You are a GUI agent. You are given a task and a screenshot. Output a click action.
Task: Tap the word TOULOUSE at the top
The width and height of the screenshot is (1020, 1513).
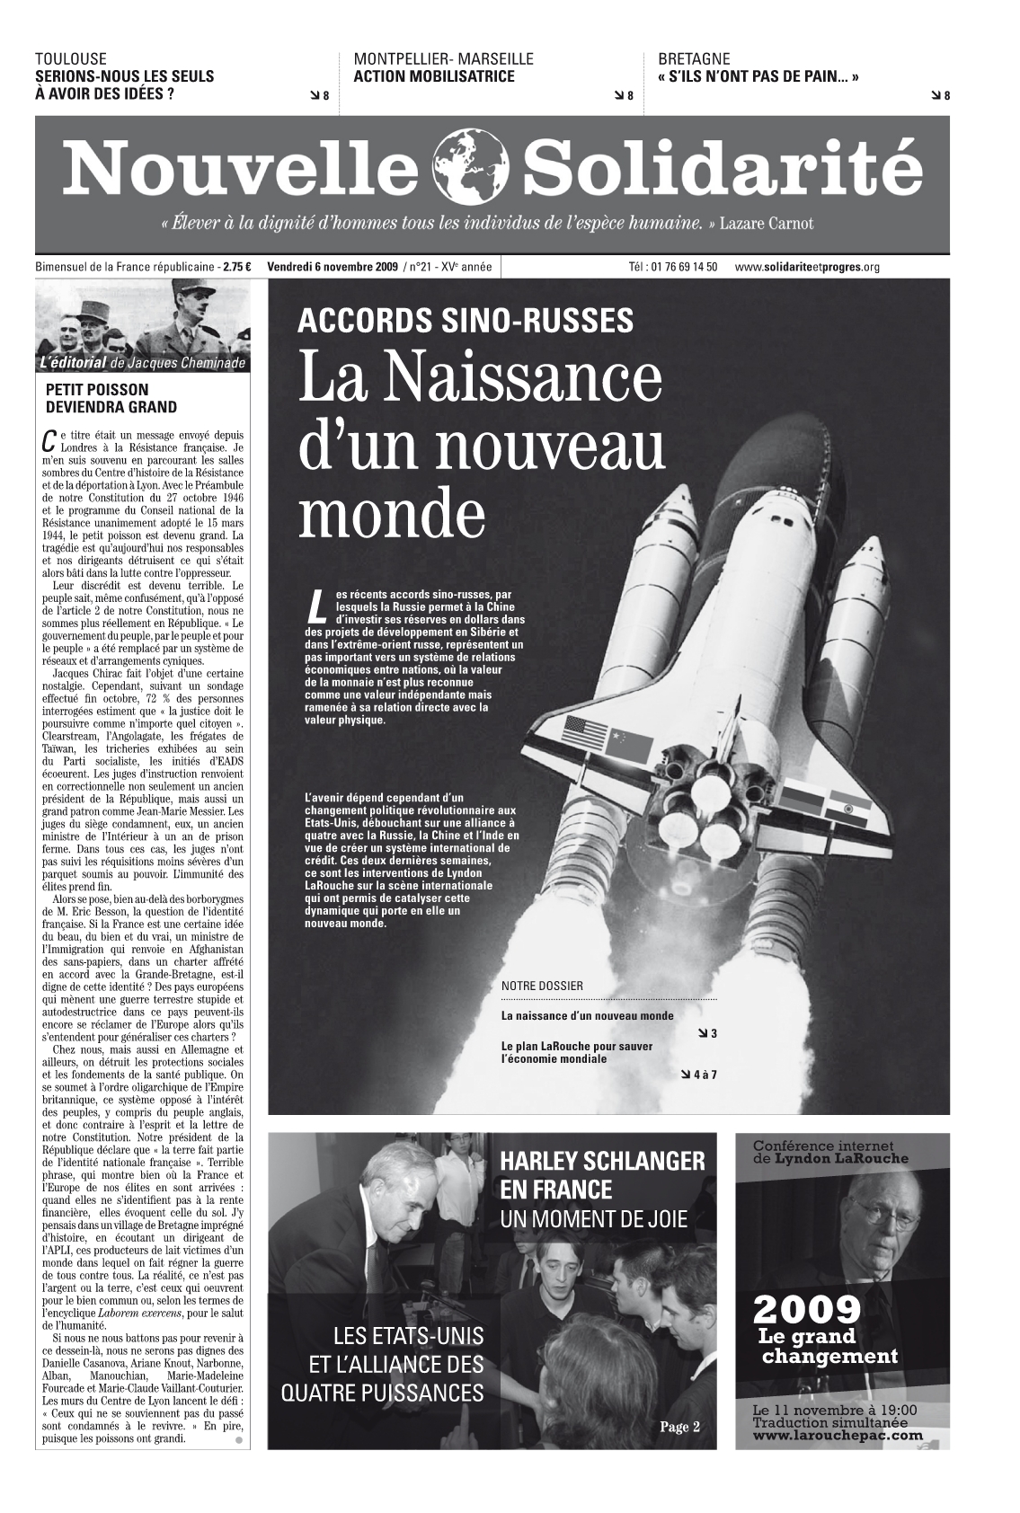pos(70,59)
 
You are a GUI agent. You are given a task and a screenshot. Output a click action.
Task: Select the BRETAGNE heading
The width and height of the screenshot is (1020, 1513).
pos(694,59)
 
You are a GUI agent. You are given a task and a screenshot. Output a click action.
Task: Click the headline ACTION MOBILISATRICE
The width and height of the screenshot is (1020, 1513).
pos(434,76)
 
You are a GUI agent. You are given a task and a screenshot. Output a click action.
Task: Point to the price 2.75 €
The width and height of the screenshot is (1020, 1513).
pos(237,267)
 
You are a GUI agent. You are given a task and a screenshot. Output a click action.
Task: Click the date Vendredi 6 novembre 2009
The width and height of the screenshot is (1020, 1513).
pos(333,267)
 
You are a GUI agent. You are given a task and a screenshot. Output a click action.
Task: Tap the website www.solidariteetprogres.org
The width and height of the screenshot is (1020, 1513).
pos(806,267)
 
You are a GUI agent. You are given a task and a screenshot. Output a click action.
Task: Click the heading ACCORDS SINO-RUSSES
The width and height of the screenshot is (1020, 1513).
pos(465,320)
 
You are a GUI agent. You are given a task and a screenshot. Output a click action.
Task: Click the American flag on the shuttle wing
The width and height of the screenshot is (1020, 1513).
pos(586,734)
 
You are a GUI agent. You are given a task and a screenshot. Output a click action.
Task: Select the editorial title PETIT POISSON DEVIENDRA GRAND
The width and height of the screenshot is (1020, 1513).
pos(111,398)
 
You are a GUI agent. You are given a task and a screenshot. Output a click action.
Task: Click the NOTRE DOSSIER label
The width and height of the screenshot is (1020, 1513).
pos(542,986)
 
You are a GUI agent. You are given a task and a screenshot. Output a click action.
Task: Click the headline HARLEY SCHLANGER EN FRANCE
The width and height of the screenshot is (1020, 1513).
pos(602,1175)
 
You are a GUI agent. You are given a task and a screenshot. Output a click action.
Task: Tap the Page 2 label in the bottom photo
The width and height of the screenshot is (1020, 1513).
pos(679,1427)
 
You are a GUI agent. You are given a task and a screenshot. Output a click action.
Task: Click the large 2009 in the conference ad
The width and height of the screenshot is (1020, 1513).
pos(806,1311)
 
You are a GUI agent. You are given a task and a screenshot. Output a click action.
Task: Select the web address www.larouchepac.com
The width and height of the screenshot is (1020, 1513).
pos(838,1435)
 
